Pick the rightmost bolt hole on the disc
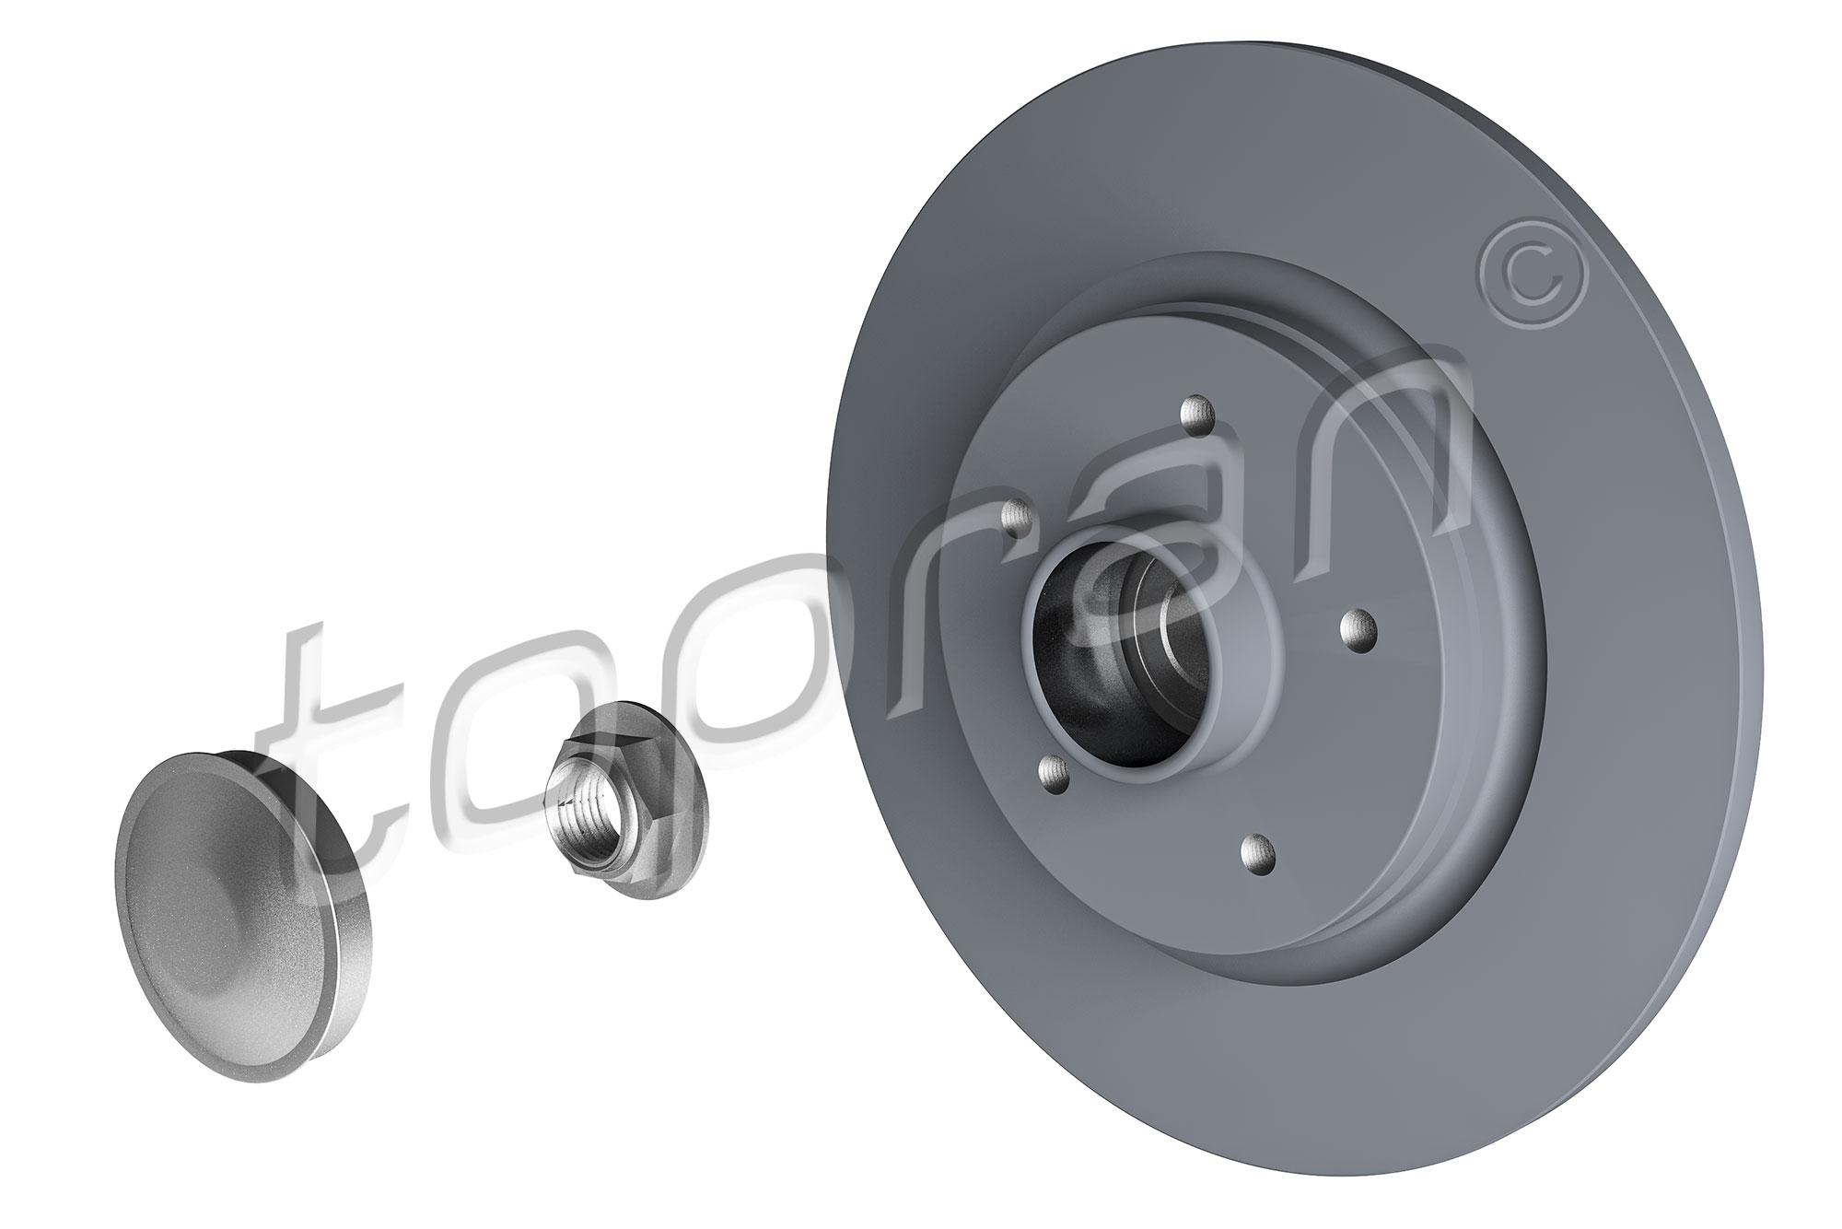click(x=1358, y=630)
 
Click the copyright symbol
click(x=1533, y=279)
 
